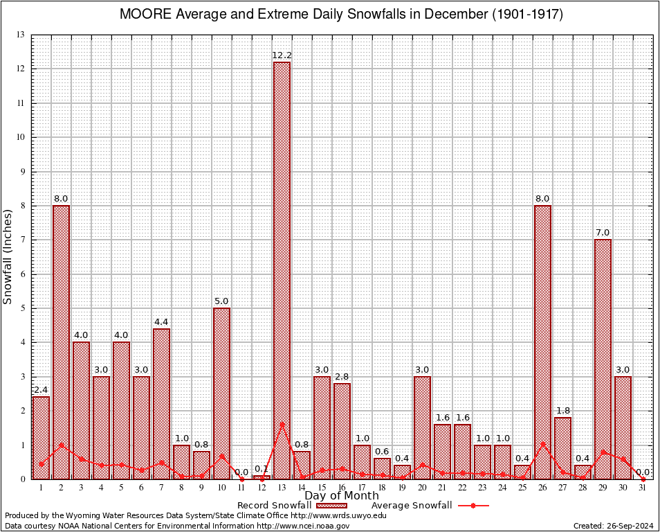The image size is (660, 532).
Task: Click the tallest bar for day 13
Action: (282, 270)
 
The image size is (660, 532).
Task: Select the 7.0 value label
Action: (603, 232)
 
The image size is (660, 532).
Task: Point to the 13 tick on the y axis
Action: (21, 35)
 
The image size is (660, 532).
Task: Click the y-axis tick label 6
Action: (22, 274)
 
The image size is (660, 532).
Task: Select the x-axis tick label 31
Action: (643, 488)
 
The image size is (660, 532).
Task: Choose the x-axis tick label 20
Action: (422, 488)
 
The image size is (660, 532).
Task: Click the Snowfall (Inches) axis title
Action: (8, 256)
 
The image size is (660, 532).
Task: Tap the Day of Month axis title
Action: (342, 496)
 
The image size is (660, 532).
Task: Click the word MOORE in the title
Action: (146, 15)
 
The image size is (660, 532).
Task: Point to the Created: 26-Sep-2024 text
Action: (614, 526)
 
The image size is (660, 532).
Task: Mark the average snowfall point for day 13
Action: (282, 424)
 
